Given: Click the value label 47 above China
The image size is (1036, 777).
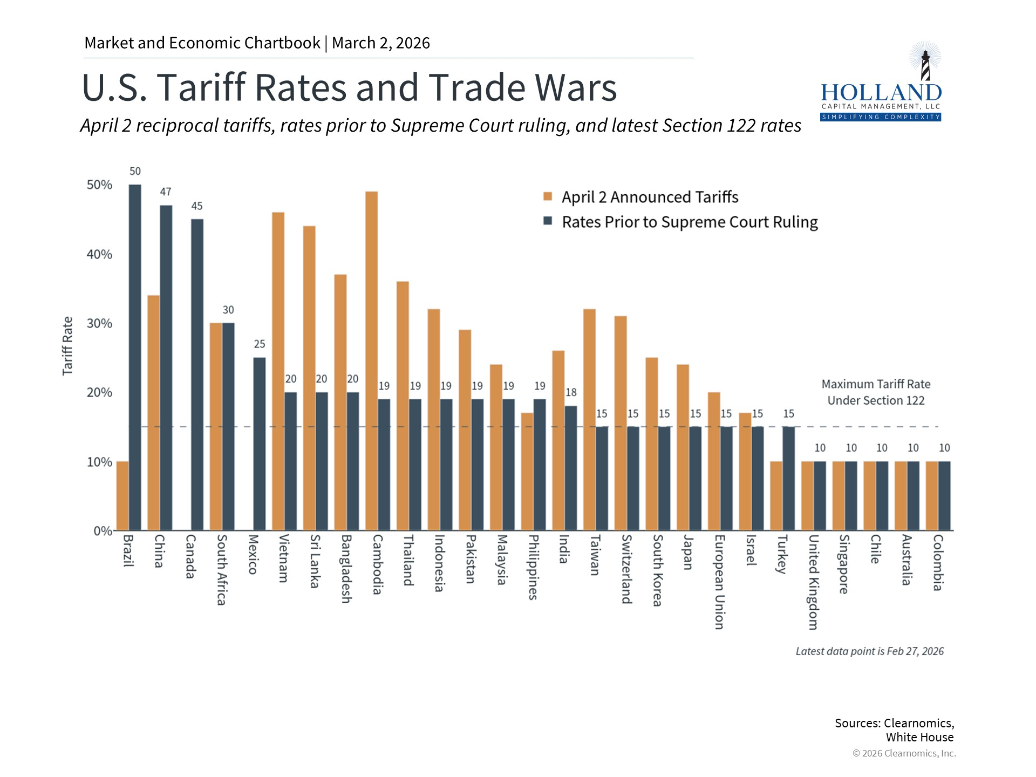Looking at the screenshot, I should [166, 192].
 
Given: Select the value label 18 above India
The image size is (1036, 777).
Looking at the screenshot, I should [571, 392].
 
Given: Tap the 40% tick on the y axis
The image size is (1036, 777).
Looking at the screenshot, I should [99, 254].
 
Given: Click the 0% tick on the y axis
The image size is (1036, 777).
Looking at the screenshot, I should [103, 531].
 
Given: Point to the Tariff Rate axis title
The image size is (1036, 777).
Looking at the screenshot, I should [67, 346].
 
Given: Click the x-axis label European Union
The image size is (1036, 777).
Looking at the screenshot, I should [719, 582].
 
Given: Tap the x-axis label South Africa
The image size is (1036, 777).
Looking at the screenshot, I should [221, 569].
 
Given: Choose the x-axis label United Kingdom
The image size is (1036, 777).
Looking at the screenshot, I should [813, 582].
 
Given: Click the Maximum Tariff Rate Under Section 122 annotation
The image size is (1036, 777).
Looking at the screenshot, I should [875, 392].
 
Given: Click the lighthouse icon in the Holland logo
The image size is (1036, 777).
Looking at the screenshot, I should [925, 63].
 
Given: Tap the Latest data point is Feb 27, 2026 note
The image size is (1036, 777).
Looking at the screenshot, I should [869, 651].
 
